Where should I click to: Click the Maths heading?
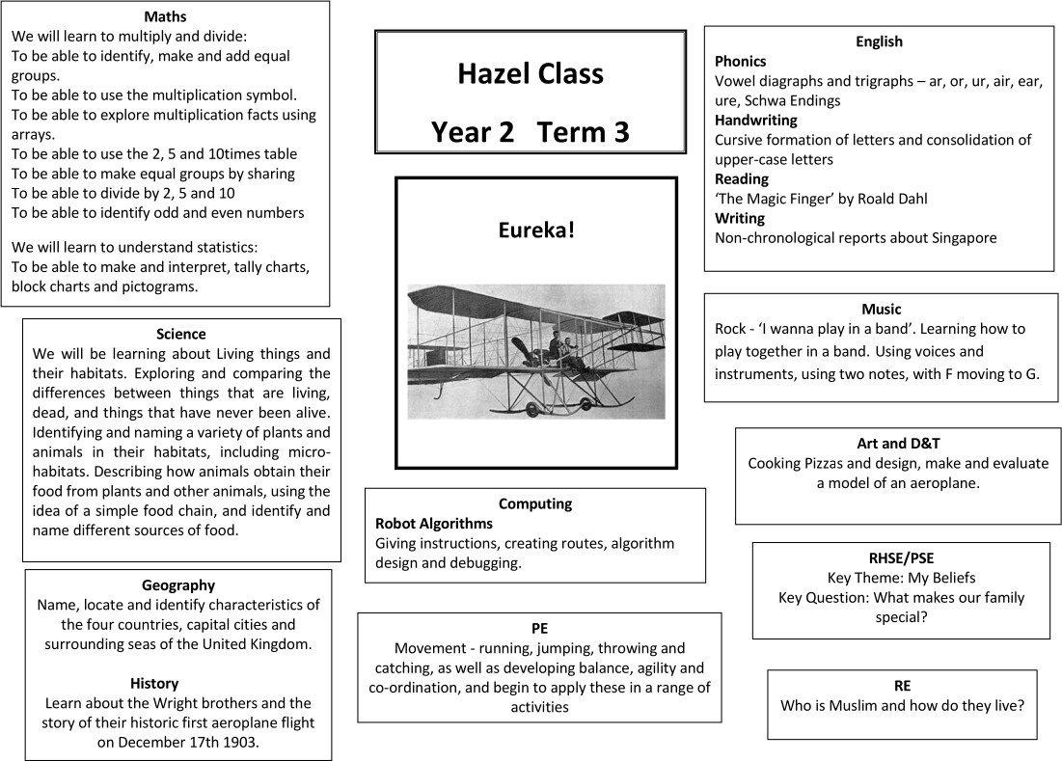(165, 16)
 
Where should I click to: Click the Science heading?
(180, 334)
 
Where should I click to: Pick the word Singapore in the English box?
(961, 237)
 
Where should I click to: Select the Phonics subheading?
(740, 61)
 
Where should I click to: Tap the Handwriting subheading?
(755, 121)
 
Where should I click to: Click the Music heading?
(881, 310)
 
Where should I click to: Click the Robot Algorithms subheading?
(433, 523)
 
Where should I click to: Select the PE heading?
(539, 628)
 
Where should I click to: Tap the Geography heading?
(178, 584)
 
